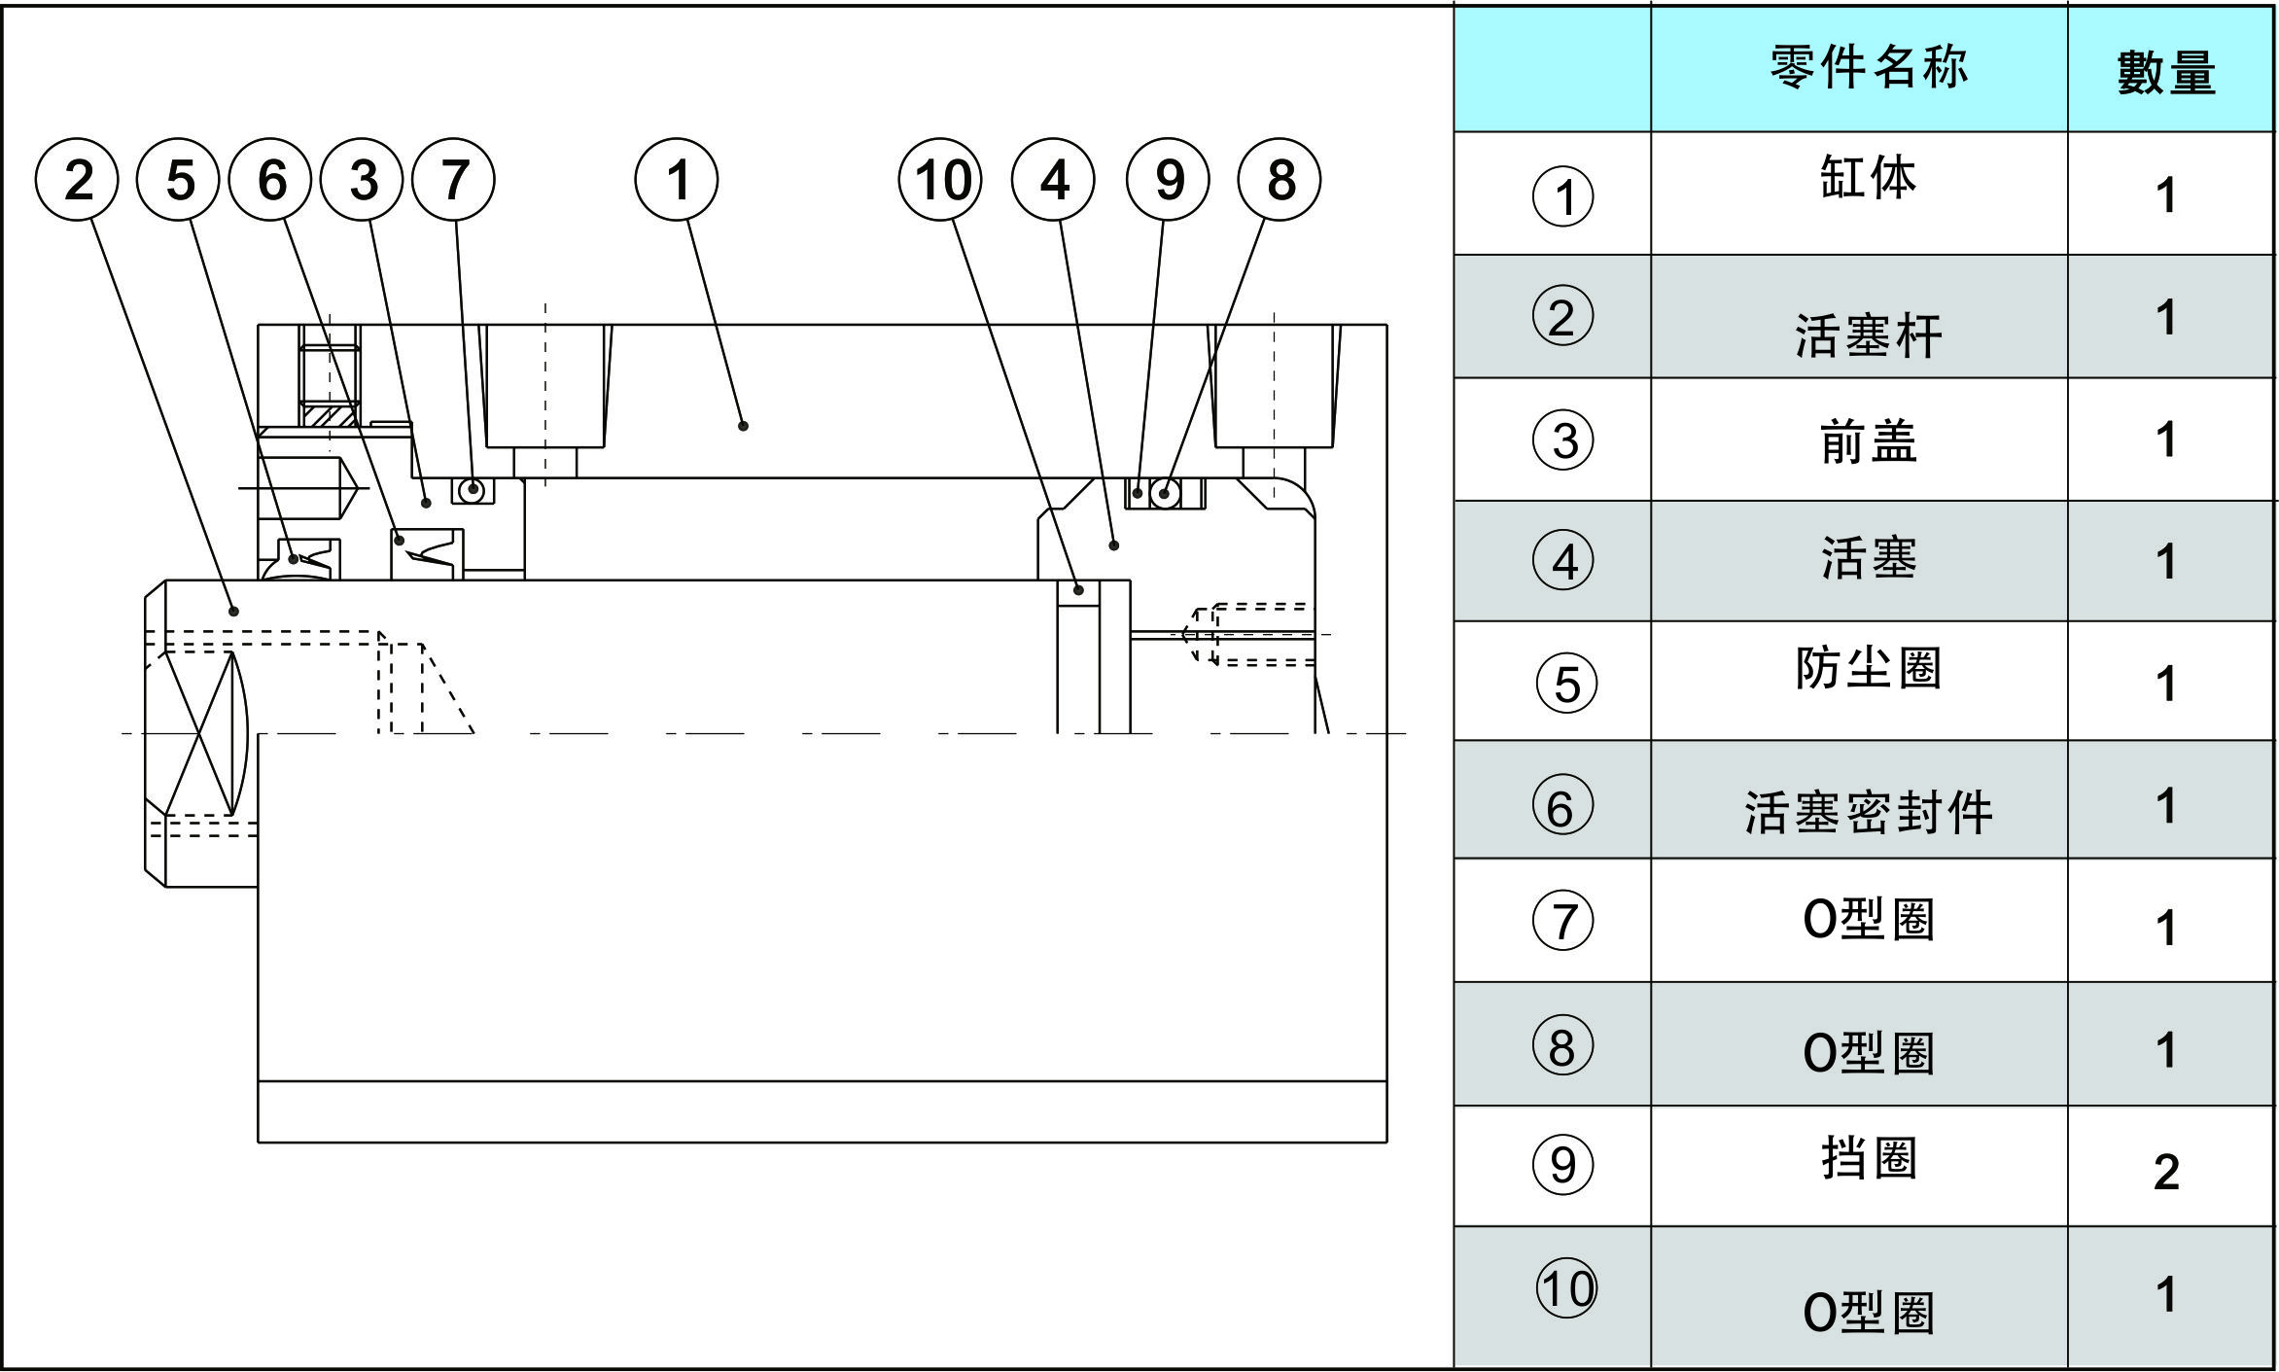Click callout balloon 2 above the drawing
click(x=77, y=180)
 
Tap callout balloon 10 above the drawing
click(x=940, y=180)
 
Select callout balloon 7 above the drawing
click(x=453, y=180)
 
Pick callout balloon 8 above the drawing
click(x=1280, y=180)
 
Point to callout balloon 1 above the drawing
click(x=677, y=180)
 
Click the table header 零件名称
click(x=1869, y=68)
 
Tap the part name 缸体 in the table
click(x=1868, y=178)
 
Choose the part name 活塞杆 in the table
click(x=1868, y=335)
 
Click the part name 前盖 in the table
click(x=1868, y=442)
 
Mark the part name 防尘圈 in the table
click(x=1868, y=668)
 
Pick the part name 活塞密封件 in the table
click(x=1868, y=812)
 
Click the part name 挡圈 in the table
click(x=1868, y=1158)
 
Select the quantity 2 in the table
click(x=2166, y=1172)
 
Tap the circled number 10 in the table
click(x=1565, y=1288)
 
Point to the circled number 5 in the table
click(x=1565, y=684)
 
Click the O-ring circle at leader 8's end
click(x=1165, y=494)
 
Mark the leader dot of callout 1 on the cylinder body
click(x=743, y=426)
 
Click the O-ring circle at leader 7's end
click(x=473, y=489)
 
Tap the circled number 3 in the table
click(x=1563, y=440)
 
